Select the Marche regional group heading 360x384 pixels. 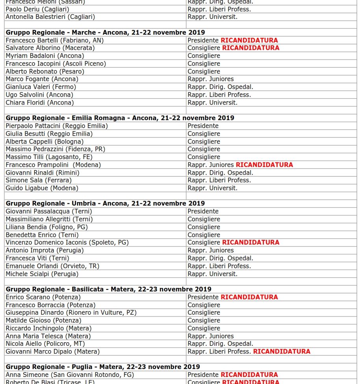point(105,32)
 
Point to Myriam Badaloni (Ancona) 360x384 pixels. point(45,56)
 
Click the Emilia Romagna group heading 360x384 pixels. point(120,118)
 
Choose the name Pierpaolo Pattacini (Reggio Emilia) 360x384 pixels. point(56,126)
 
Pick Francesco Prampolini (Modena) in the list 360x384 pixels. point(53,165)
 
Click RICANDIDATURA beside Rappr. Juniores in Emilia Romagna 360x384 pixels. point(264,165)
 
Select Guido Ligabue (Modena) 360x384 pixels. point(42,188)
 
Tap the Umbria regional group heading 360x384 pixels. point(105,203)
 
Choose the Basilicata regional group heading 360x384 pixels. point(108,289)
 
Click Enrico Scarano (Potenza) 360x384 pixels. point(43,297)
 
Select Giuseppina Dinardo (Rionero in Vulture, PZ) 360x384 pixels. point(71,312)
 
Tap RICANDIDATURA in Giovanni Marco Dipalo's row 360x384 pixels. point(281,351)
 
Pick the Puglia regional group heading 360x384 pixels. point(103,367)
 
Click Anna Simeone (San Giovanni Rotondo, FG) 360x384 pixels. point(69,375)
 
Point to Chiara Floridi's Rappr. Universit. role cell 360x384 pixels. point(212,102)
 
